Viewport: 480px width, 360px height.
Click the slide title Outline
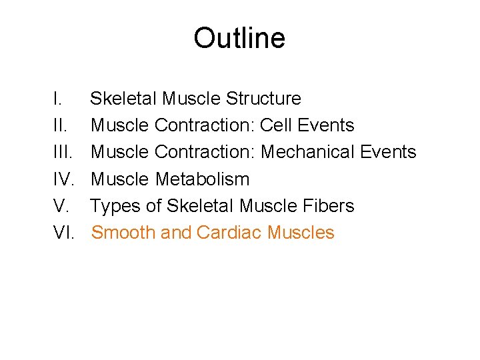point(239,38)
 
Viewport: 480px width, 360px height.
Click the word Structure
point(263,99)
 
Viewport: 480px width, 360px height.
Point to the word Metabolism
point(203,179)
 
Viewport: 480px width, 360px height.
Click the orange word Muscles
point(301,233)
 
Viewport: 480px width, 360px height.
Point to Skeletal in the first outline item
point(124,99)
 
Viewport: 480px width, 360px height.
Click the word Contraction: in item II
point(205,125)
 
